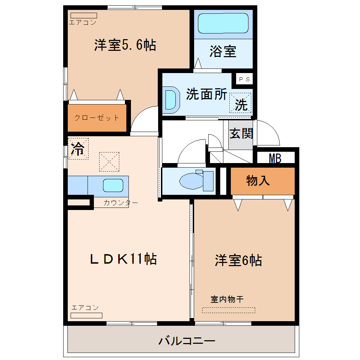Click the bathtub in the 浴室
[x=223, y=23]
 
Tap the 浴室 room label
[x=223, y=52]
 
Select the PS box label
[x=244, y=79]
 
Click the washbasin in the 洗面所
[x=171, y=100]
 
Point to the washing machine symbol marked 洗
[x=240, y=103]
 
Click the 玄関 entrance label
[x=241, y=133]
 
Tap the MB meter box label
[x=275, y=158]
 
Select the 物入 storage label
[x=258, y=180]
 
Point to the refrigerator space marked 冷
[x=78, y=149]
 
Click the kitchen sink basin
[x=113, y=185]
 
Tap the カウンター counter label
[x=121, y=203]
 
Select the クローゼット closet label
[x=97, y=118]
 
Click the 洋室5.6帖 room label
[x=125, y=45]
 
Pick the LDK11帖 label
[x=124, y=259]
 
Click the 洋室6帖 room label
[x=238, y=260]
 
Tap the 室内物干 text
[x=227, y=299]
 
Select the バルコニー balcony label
[x=187, y=341]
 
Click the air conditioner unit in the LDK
[x=86, y=316]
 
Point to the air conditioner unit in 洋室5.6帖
[x=84, y=16]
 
